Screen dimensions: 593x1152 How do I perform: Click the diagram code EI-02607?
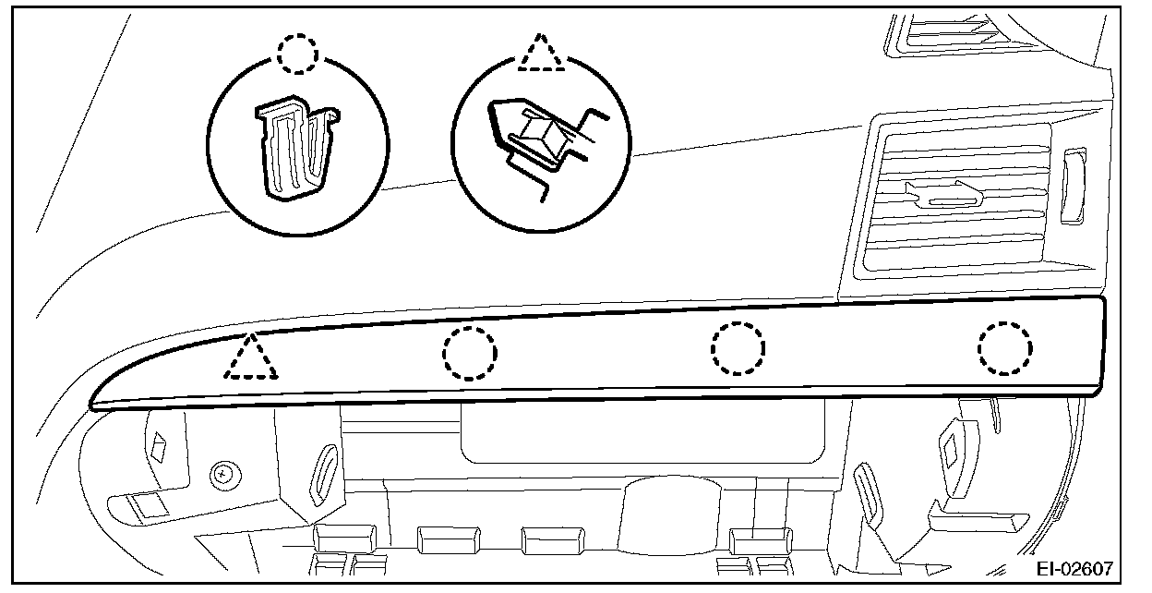(1074, 569)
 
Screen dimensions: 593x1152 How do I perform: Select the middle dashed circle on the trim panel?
(738, 348)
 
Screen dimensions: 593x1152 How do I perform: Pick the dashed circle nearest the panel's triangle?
(469, 352)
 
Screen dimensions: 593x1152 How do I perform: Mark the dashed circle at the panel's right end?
(1005, 348)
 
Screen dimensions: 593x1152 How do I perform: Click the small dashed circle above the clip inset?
(296, 55)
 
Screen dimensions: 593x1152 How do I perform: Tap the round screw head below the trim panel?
(222, 476)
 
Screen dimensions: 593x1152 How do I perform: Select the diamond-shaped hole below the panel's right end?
(948, 452)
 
